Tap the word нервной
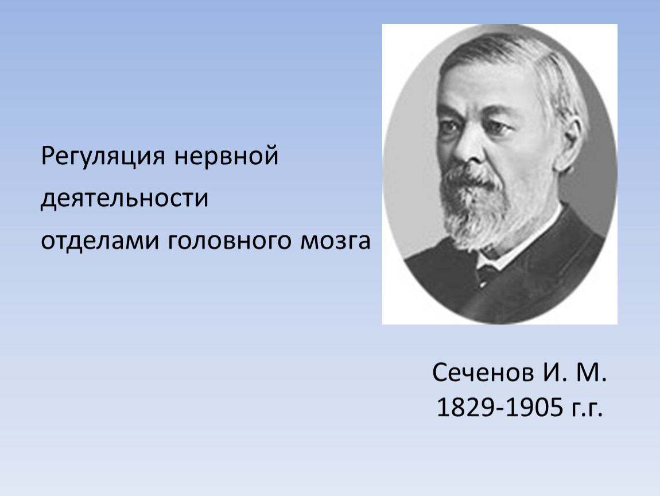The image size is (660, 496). point(227,156)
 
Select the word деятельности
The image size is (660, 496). point(125,198)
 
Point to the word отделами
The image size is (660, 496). point(100,241)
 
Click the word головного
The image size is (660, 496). point(230,242)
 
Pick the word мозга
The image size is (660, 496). point(336,241)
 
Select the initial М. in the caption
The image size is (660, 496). point(591,373)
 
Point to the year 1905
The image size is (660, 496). point(534,408)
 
